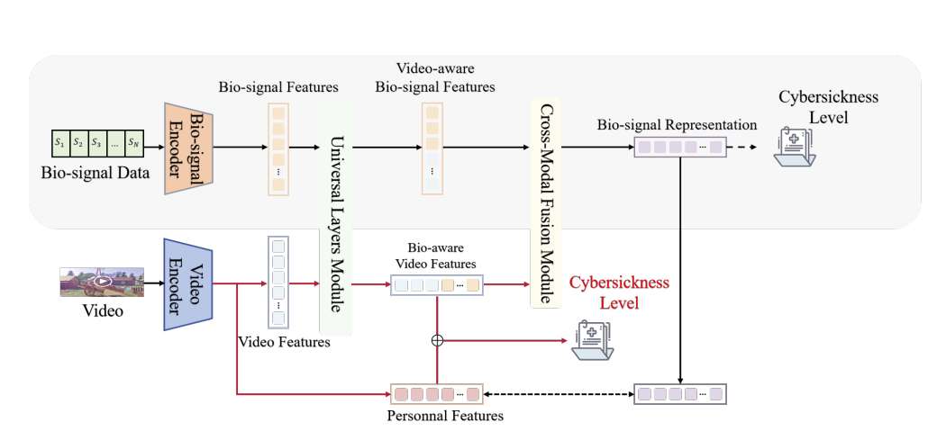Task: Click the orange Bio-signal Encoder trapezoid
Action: [184, 147]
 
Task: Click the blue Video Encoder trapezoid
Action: [186, 284]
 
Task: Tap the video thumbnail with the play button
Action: [102, 282]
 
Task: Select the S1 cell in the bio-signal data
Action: [59, 141]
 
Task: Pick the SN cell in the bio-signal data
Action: [133, 141]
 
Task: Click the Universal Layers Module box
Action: [335, 216]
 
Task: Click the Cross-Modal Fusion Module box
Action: [545, 205]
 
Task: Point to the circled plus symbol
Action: [438, 340]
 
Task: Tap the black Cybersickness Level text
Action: [827, 107]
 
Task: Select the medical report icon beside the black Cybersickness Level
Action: [795, 147]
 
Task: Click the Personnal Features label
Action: [444, 417]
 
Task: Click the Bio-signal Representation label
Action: [677, 125]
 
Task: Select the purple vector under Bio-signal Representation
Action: [680, 147]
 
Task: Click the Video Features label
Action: [284, 342]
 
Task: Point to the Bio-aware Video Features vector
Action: [437, 286]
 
